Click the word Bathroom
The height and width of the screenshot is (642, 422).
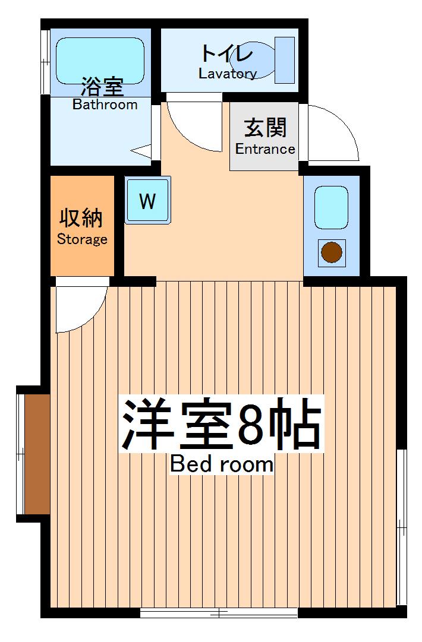[105, 105]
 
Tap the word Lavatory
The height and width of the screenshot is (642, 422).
[228, 74]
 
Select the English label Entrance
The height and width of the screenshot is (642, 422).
[265, 148]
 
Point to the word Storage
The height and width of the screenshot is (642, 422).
[82, 239]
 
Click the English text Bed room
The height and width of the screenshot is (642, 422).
[222, 464]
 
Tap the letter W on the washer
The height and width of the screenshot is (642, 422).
[147, 201]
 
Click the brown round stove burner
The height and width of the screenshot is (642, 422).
[332, 252]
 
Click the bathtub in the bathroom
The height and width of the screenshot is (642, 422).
[101, 59]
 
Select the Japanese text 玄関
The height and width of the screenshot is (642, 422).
[265, 128]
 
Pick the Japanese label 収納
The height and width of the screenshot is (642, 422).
[81, 218]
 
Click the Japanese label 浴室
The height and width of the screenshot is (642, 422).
[102, 88]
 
